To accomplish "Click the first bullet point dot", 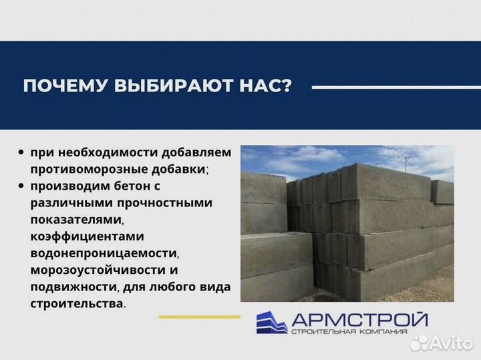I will pyautogui.click(x=22, y=152).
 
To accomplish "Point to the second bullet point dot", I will pyautogui.click(x=22, y=186).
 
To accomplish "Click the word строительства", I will pyautogui.click(x=75, y=303).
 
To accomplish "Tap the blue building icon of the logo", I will pyautogui.click(x=271, y=323).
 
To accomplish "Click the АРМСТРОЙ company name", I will pyautogui.click(x=358, y=319).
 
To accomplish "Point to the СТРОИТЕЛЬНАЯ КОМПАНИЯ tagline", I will pyautogui.click(x=358, y=332).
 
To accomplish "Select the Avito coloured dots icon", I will pyautogui.click(x=420, y=342).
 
